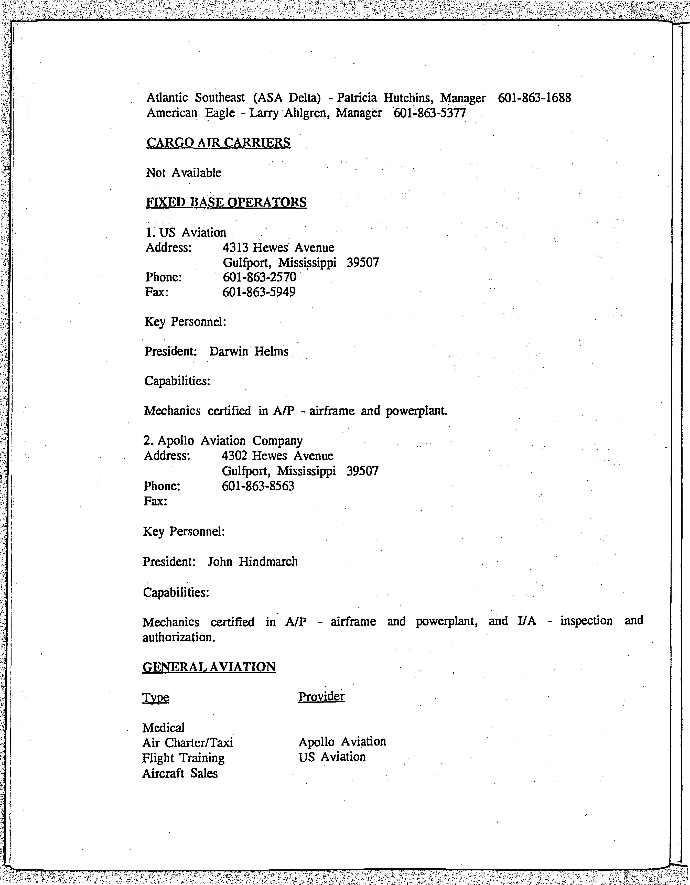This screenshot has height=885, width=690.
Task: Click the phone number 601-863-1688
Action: [x=534, y=98]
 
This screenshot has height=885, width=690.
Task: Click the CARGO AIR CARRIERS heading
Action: [x=218, y=143]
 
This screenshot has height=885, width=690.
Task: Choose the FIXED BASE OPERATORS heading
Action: [x=226, y=202]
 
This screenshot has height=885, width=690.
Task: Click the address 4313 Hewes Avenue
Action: [x=278, y=247]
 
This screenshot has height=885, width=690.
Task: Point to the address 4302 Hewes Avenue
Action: [x=277, y=456]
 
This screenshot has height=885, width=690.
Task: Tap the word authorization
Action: [x=178, y=638]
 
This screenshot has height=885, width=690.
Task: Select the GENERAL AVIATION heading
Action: [x=209, y=667]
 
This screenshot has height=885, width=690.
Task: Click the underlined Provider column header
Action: [x=321, y=697]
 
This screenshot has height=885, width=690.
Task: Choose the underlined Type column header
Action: [x=156, y=698]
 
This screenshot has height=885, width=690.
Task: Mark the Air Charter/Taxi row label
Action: [x=188, y=743]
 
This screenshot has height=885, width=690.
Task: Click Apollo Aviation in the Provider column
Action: [x=342, y=742]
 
